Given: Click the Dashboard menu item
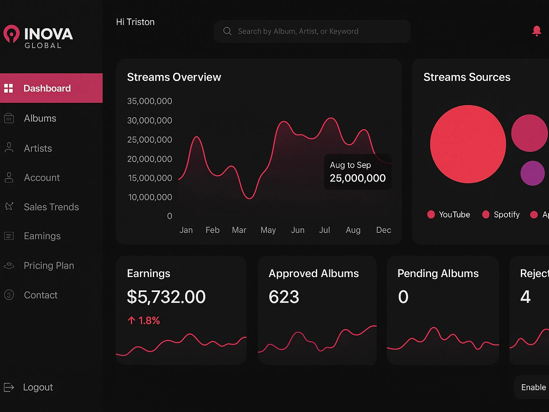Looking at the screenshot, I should click(47, 88).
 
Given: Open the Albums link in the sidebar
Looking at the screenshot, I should click(40, 118).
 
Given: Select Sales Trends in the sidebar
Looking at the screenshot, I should click(51, 207).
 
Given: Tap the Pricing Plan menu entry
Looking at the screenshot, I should click(49, 266).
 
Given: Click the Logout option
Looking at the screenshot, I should click(38, 387).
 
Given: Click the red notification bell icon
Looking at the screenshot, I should click(536, 31).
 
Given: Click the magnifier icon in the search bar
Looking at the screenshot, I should click(227, 31).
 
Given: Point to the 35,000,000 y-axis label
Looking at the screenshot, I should click(149, 101).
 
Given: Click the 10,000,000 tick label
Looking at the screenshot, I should click(150, 197).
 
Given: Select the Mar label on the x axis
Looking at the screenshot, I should click(239, 230).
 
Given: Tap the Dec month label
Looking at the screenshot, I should click(383, 230).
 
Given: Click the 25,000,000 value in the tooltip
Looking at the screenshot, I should click(357, 178).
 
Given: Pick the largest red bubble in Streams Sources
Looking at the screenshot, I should click(468, 144).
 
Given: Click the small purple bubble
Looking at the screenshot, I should click(532, 173).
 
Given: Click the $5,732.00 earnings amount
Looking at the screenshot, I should click(166, 297).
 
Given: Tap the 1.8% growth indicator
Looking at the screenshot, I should click(144, 321).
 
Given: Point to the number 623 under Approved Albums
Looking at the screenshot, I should click(284, 297).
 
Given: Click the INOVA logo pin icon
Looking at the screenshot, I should click(12, 34).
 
